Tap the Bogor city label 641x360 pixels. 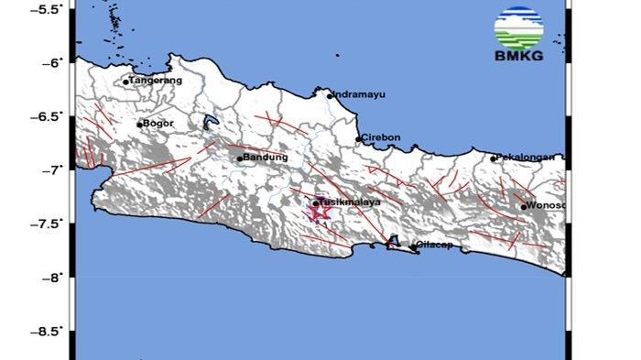[x=155, y=123]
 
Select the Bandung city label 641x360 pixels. [x=259, y=157]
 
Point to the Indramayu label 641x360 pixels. [x=356, y=93]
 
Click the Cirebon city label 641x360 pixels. [x=377, y=137]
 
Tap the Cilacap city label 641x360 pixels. [x=430, y=245]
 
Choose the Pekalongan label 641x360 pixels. [x=526, y=157]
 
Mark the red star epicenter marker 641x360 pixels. [x=319, y=213]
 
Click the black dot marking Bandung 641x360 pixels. [x=240, y=158]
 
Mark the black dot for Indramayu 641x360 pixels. [x=330, y=95]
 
